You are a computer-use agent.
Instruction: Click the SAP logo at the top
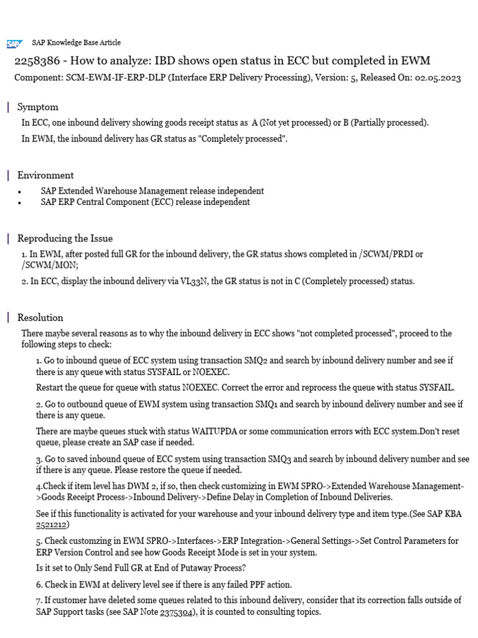click(x=14, y=44)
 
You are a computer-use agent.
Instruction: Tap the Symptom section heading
click(x=37, y=107)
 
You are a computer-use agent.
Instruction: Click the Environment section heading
click(x=45, y=175)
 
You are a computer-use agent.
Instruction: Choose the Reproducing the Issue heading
click(x=65, y=238)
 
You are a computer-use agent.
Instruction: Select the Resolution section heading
click(x=40, y=317)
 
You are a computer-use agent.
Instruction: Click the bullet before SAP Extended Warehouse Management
click(x=22, y=192)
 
